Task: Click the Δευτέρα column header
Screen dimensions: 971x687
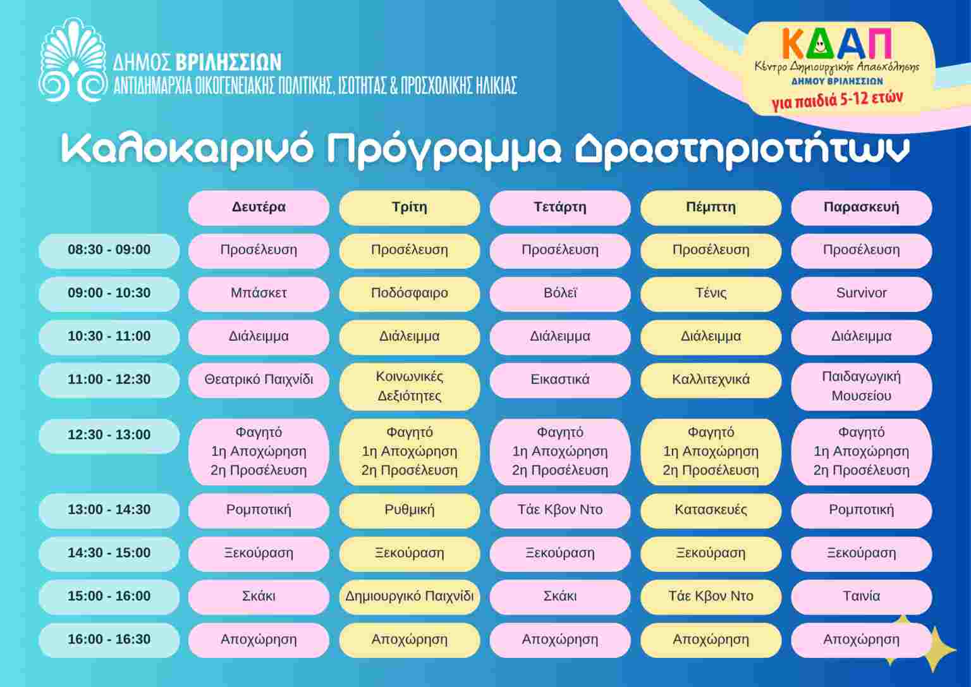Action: coord(259,207)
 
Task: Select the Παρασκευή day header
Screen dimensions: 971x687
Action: coord(862,207)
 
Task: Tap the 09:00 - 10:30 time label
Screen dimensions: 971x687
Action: coord(109,294)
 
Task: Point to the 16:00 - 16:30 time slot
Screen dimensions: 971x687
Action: coord(109,640)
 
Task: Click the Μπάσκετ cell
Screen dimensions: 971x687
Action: coord(259,294)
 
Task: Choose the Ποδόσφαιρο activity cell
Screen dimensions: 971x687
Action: coord(409,294)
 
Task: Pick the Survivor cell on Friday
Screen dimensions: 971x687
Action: coord(862,294)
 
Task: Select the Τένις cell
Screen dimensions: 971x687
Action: coord(711,294)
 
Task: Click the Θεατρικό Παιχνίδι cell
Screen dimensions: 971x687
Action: coord(259,380)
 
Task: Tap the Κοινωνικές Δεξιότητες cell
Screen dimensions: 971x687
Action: coord(409,387)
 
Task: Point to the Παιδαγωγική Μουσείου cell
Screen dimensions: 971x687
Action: coord(862,387)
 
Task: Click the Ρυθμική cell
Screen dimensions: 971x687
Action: coord(409,510)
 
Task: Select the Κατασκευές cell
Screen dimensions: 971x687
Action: coord(711,510)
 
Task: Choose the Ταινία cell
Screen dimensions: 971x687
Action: coord(862,597)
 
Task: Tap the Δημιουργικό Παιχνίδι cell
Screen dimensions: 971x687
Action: coord(409,597)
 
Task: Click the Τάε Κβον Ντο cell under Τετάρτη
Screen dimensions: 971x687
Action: coord(559,510)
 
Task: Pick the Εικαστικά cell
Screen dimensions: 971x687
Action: coord(559,380)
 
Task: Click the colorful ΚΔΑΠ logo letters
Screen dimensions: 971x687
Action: coord(836,44)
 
